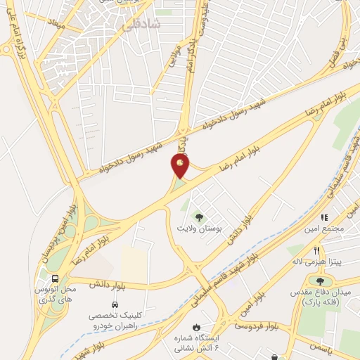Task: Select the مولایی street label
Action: pyautogui.click(x=174, y=56)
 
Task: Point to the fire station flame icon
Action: pyautogui.click(x=197, y=328)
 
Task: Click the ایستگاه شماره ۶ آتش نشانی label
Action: pyautogui.click(x=197, y=342)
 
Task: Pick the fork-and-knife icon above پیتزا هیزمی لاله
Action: pyautogui.click(x=317, y=250)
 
